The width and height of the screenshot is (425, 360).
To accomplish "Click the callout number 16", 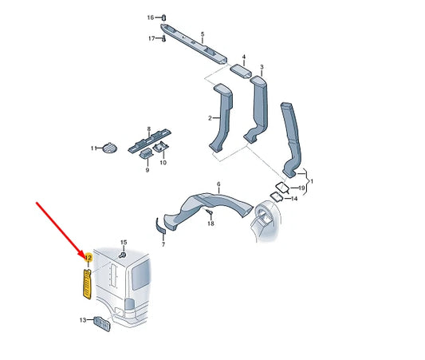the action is tap(151, 18).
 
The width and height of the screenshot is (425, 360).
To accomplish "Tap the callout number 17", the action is tap(152, 38).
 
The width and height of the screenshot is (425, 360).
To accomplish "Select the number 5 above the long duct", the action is tap(203, 34).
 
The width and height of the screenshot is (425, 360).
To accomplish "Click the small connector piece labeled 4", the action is tap(241, 70).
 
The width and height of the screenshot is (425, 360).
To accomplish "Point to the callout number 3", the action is tap(262, 67).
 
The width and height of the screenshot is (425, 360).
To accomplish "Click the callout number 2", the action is tap(210, 118).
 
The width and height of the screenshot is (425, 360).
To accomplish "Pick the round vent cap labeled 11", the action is tap(110, 148).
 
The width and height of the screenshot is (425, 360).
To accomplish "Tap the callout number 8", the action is tap(148, 129).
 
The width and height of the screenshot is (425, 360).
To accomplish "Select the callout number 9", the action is tap(148, 170).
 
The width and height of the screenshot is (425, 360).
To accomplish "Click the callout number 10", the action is tap(163, 163).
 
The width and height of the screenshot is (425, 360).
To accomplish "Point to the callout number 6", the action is tap(218, 184).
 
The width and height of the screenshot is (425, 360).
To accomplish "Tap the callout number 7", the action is tap(163, 244).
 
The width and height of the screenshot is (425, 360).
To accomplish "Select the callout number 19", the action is tap(301, 188).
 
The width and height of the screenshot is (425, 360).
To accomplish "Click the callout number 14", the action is tap(294, 199).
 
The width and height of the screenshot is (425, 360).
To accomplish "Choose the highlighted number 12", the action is tap(89, 257).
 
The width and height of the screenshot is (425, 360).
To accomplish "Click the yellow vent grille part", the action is tap(86, 284).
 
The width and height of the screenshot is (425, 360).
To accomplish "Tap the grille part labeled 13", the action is tap(101, 323).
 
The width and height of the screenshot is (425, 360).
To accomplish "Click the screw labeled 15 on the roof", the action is tap(122, 255).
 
